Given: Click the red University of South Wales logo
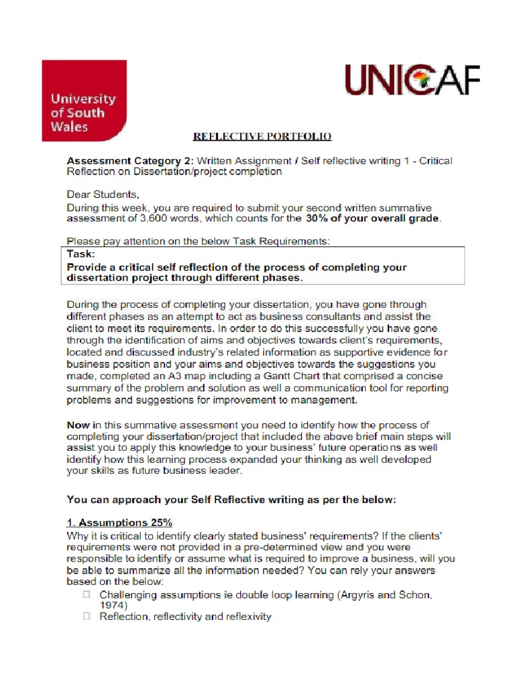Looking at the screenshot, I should (84, 101).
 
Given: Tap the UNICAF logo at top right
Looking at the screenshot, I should (412, 81).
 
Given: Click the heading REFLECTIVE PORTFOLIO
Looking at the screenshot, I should (262, 137).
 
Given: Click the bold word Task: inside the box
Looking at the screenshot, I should (82, 254).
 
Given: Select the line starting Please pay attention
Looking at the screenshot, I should (198, 241).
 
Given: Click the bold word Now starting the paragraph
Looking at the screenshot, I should (78, 425).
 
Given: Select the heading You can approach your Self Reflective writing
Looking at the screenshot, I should (227, 499).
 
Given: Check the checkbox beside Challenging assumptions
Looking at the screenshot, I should (86, 594).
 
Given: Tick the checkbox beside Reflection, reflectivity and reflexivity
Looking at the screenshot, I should (86, 616).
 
